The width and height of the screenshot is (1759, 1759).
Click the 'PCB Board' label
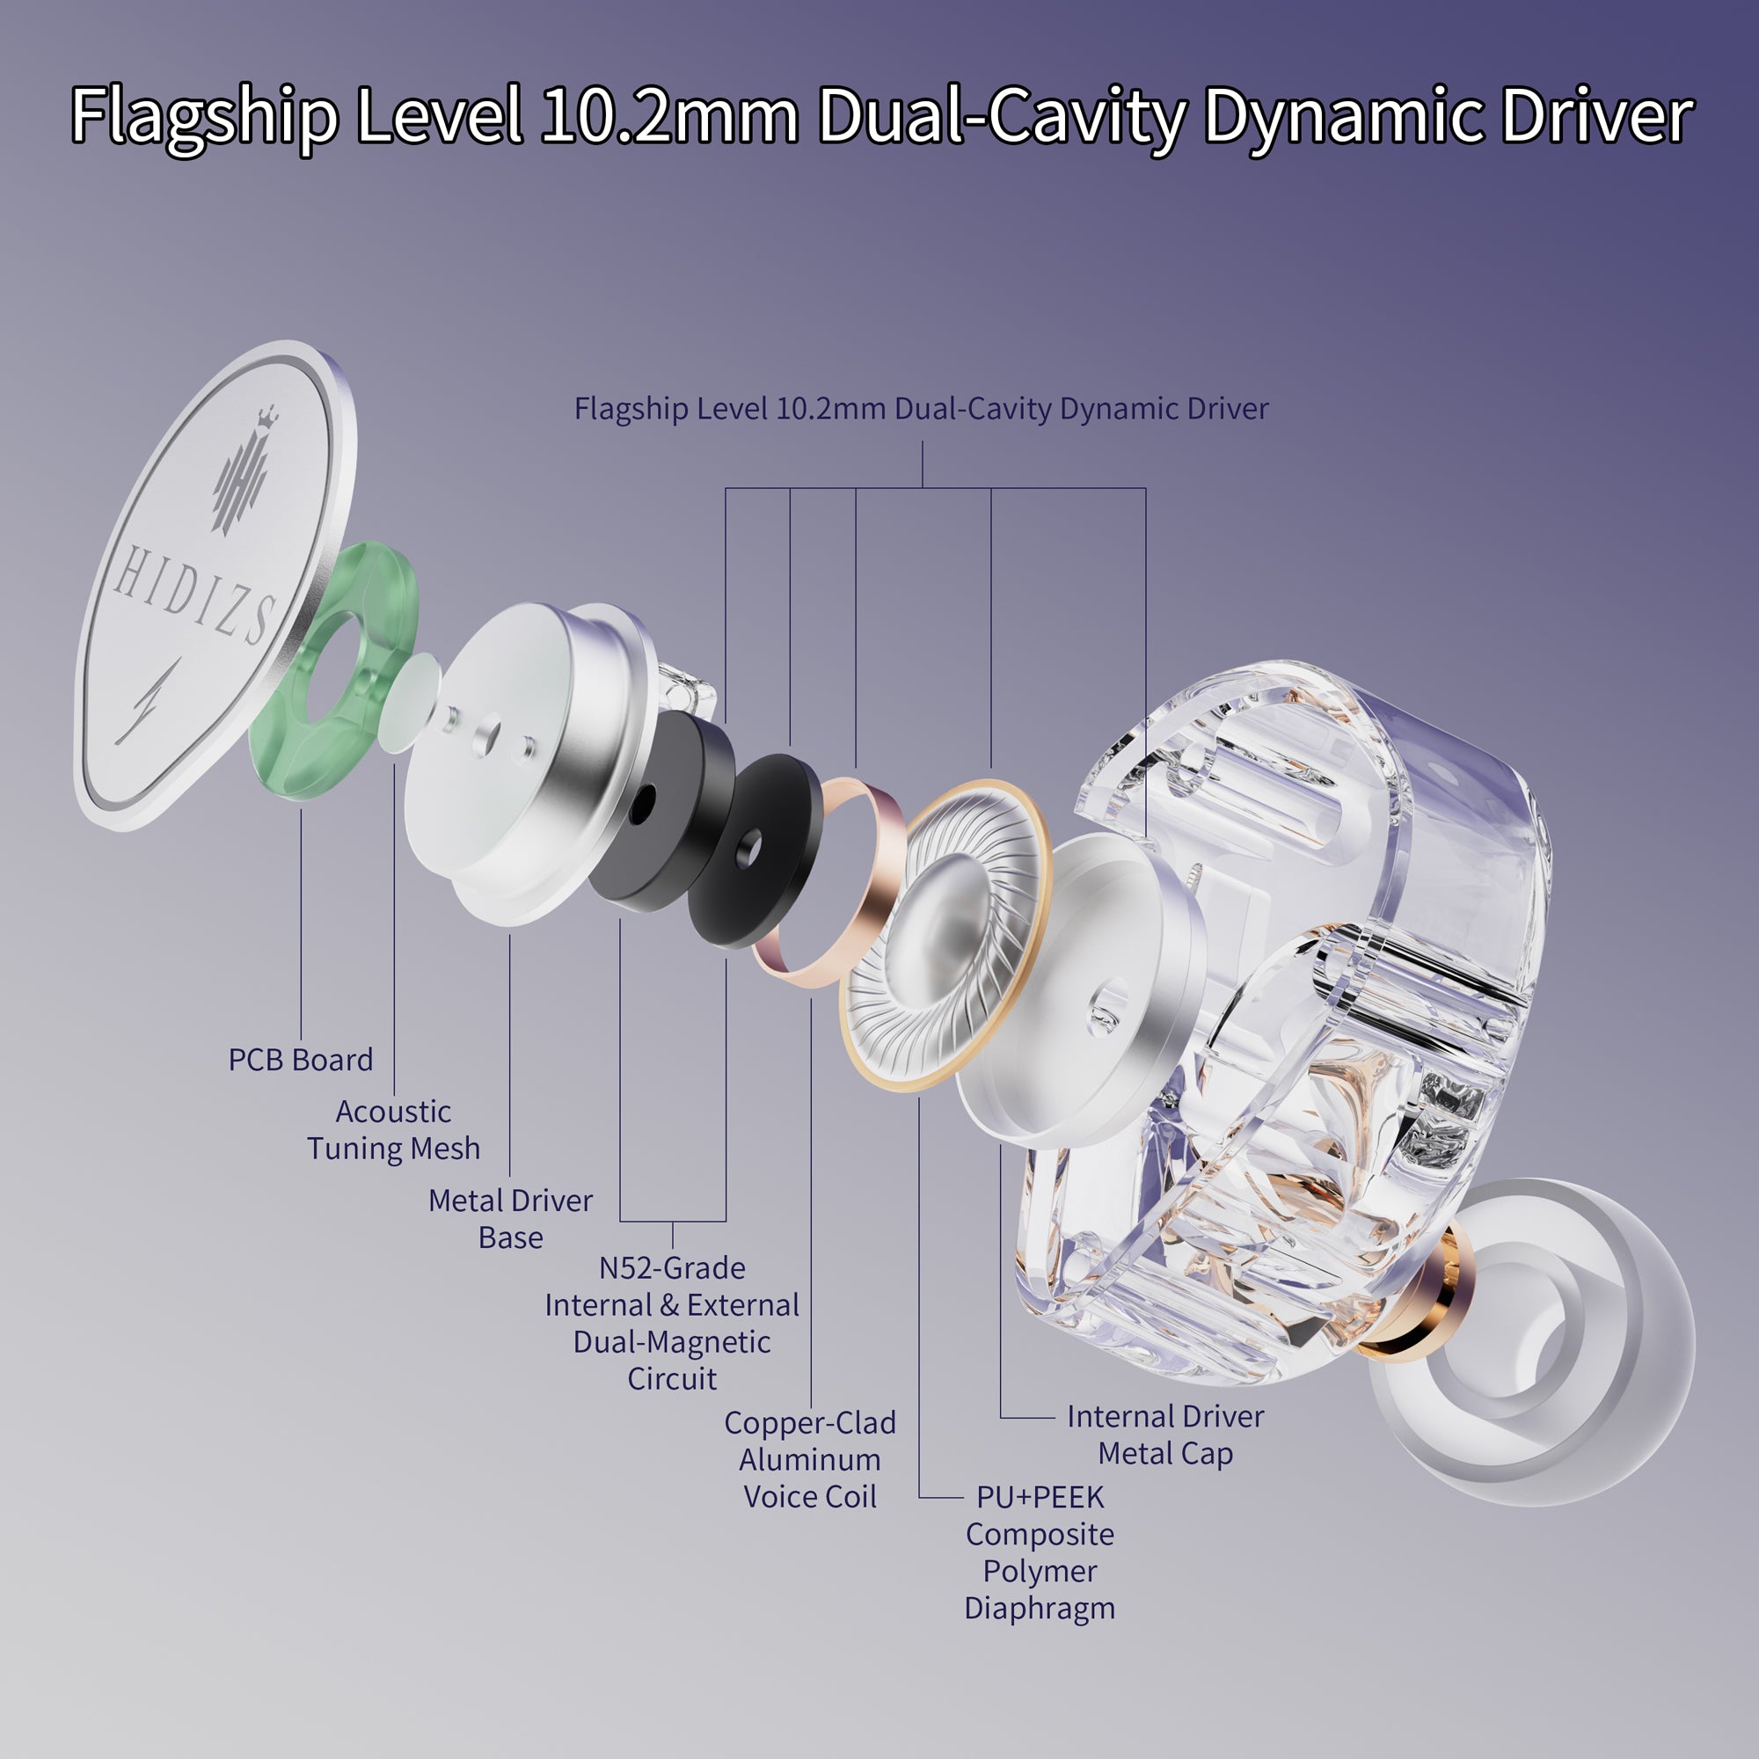[301, 1060]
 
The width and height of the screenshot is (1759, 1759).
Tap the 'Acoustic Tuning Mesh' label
[393, 1130]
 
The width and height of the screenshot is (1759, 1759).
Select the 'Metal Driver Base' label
[511, 1219]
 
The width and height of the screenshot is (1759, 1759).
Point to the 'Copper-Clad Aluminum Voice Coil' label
[809, 1459]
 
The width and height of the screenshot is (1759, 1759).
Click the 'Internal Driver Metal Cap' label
[1165, 1434]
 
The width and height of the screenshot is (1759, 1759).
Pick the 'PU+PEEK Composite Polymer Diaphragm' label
[1040, 1552]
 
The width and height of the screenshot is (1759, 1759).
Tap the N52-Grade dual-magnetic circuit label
[672, 1323]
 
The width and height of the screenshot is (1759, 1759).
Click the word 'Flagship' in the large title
[205, 117]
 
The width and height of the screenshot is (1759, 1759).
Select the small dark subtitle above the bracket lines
[922, 409]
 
